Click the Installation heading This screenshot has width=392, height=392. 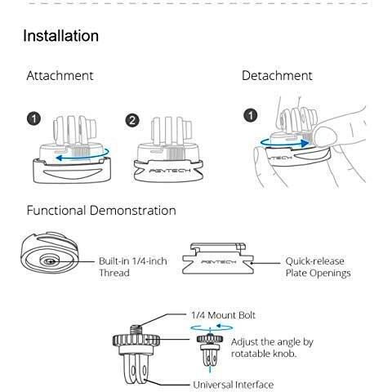click(x=60, y=36)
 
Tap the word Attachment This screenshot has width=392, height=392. click(x=60, y=76)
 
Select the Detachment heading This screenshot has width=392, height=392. click(x=277, y=76)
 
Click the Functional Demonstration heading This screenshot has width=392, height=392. click(x=101, y=211)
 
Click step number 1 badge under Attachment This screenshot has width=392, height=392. click(x=33, y=119)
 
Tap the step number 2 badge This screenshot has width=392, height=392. click(x=132, y=120)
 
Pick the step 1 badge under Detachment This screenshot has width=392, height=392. click(x=250, y=115)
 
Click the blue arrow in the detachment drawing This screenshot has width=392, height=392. click(x=283, y=143)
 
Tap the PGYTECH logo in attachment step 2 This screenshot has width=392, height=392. click(x=169, y=171)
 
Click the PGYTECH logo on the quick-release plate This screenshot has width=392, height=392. click(x=218, y=262)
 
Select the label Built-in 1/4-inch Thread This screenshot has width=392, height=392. click(x=133, y=267)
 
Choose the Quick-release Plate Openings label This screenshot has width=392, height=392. click(x=318, y=267)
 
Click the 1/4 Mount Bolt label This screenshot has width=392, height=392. click(x=223, y=315)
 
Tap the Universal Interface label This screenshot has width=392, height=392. click(x=234, y=385)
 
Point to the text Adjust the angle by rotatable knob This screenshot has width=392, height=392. click(x=272, y=348)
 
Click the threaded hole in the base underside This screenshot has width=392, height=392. click(x=50, y=261)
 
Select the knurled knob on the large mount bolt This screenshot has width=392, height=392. click(x=136, y=341)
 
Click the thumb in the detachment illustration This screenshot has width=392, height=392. click(x=326, y=137)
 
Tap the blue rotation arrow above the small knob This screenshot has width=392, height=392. click(x=212, y=327)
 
